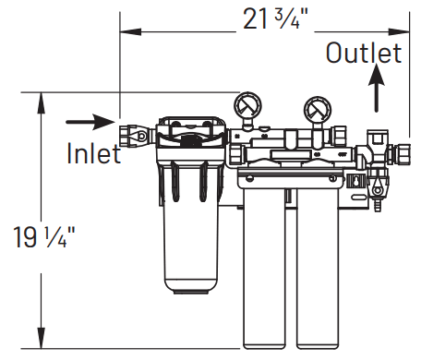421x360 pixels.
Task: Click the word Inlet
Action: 93,152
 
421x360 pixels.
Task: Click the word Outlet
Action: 364,53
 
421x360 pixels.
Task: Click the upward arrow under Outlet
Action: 375,90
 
